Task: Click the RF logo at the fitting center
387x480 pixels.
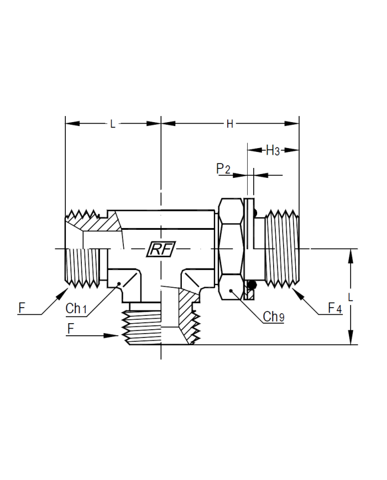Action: (161, 249)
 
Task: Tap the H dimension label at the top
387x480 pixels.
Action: (230, 124)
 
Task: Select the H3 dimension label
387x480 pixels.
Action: (273, 151)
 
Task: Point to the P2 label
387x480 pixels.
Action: (223, 168)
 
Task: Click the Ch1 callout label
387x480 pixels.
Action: (76, 309)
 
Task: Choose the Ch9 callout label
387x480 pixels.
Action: (274, 317)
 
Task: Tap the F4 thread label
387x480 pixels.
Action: (334, 308)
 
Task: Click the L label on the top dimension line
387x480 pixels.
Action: (113, 124)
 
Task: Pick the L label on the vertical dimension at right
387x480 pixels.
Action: (351, 297)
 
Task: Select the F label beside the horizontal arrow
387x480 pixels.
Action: (70, 329)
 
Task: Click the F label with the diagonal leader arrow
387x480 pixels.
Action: (22, 308)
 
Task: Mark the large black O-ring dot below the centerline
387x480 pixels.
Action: (252, 285)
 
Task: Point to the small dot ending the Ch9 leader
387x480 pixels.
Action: (231, 291)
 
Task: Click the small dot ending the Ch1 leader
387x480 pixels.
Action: (119, 283)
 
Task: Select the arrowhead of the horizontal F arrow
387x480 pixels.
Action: (111, 336)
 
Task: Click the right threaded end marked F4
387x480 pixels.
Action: (282, 249)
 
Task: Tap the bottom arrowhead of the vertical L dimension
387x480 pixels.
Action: (351, 337)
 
